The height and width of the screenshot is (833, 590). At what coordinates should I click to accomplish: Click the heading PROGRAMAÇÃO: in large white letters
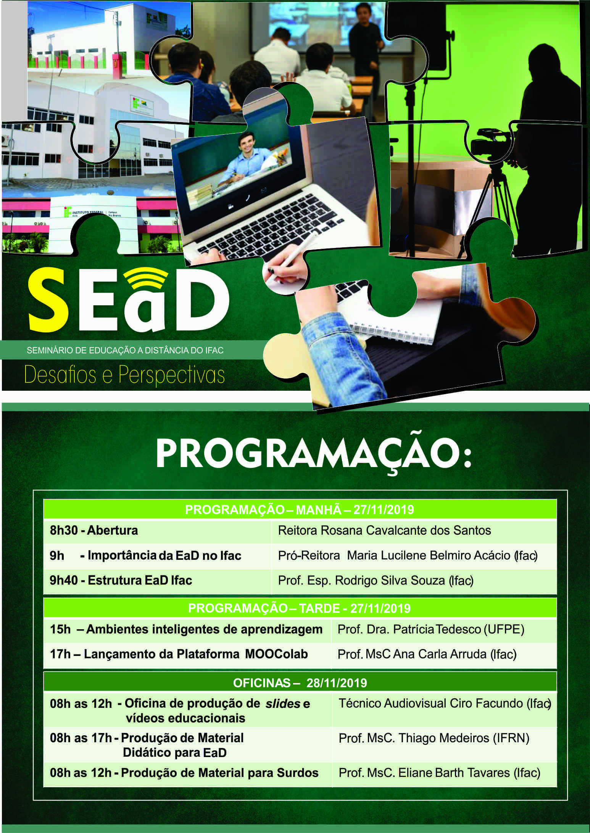click(314, 454)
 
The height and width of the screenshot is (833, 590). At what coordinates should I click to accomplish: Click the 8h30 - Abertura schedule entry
click(94, 530)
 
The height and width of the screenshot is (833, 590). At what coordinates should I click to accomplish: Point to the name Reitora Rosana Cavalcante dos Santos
click(384, 530)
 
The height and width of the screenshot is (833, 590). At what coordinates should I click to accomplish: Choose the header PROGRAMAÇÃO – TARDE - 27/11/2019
click(299, 608)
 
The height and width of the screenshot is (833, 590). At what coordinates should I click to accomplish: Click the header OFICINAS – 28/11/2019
click(300, 683)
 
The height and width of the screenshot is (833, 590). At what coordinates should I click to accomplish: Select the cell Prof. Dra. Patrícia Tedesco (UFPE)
click(431, 629)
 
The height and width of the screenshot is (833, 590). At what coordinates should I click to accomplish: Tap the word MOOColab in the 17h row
click(276, 654)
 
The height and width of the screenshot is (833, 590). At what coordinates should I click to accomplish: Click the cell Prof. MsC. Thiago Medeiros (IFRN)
click(434, 738)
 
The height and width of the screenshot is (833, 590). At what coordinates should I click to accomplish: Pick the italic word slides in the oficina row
click(282, 704)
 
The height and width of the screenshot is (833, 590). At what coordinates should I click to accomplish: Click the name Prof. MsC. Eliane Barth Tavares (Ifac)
click(439, 773)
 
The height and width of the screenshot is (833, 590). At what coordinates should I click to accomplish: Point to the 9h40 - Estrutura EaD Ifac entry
click(121, 580)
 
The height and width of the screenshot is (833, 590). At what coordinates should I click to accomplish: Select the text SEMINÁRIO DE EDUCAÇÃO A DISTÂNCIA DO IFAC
click(125, 350)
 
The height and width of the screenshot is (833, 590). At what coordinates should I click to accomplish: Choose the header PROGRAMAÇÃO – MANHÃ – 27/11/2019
click(300, 510)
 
